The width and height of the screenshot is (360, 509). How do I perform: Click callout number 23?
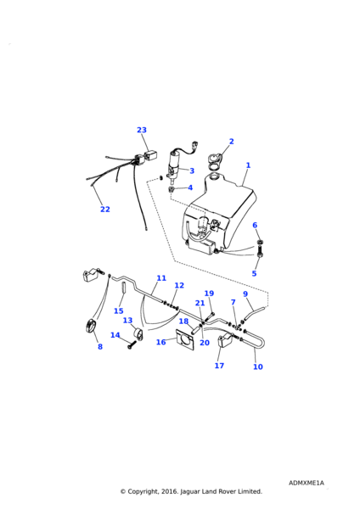click(x=142, y=130)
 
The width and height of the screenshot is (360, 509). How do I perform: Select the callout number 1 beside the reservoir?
click(x=248, y=165)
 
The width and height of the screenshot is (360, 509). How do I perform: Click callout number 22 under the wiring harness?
click(x=105, y=210)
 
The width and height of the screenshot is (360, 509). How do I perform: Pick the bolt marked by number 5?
click(x=261, y=252)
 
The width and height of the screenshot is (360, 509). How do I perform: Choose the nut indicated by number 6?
click(x=260, y=242)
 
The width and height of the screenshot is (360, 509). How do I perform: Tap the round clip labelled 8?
click(x=90, y=326)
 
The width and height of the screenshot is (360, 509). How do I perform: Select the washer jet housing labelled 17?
click(x=224, y=341)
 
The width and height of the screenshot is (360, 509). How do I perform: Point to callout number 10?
click(x=257, y=366)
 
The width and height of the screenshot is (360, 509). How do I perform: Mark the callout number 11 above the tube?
click(x=161, y=278)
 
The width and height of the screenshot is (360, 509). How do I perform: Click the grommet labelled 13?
click(x=138, y=334)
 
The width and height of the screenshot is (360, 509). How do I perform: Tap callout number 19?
click(x=209, y=294)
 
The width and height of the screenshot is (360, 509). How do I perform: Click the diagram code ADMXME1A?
click(x=306, y=483)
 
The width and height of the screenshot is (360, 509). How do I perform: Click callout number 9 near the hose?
click(x=245, y=294)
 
